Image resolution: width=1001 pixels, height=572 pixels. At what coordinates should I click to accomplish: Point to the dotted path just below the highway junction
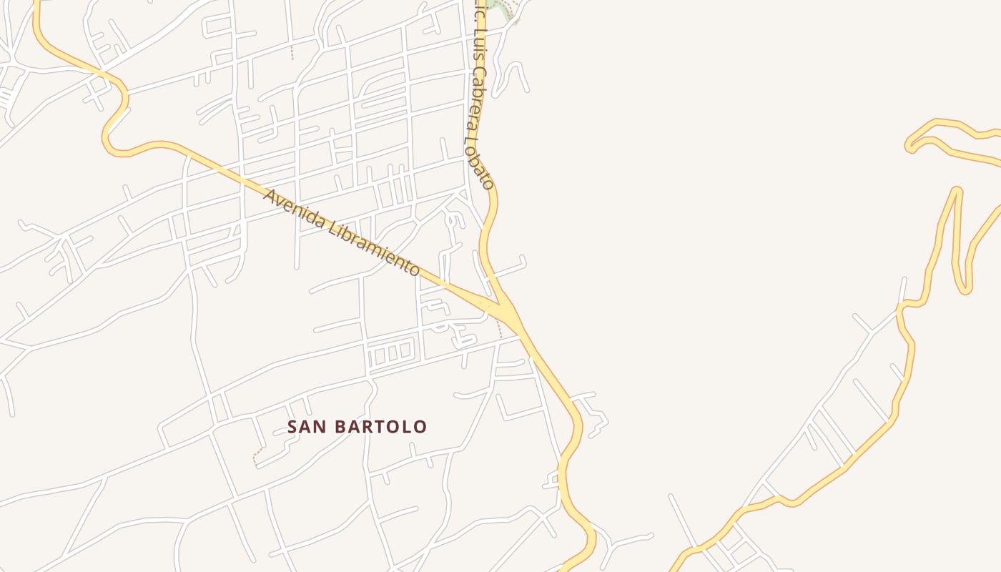tap(498, 329)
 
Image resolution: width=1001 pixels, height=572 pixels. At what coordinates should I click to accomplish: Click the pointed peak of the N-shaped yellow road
tap(956, 190)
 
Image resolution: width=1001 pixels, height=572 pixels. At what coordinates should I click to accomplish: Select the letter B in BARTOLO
tap(335, 427)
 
